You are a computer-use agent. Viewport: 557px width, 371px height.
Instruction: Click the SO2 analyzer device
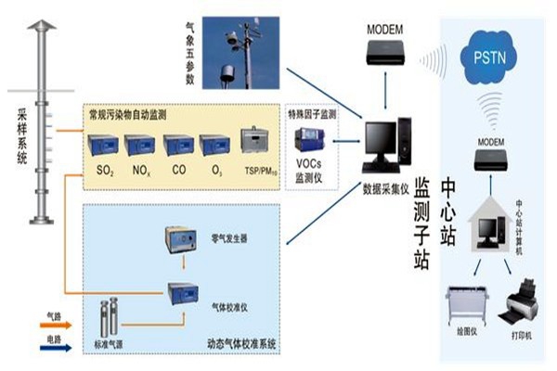click(x=105, y=146)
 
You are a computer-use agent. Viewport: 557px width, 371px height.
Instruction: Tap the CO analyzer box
click(x=177, y=146)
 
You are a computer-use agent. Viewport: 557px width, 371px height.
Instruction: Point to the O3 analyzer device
click(x=214, y=146)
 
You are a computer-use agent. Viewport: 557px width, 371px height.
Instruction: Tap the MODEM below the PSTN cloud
click(x=490, y=160)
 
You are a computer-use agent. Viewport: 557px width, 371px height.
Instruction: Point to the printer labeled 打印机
click(x=517, y=301)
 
